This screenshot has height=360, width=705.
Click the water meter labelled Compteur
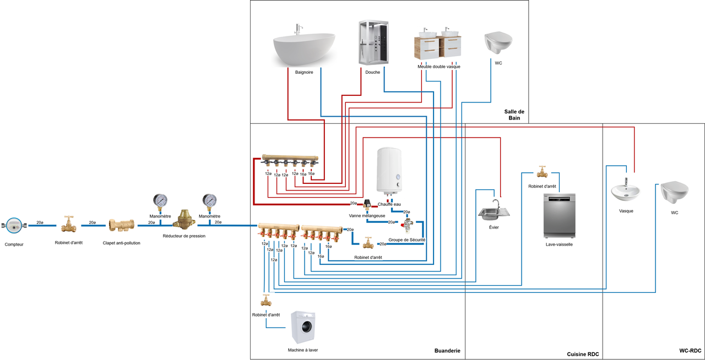click(x=14, y=225)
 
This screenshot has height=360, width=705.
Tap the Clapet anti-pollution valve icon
click(x=122, y=225)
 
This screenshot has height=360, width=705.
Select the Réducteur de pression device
click(x=184, y=220)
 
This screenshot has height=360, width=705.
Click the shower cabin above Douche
click(x=373, y=42)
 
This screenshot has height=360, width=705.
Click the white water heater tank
click(x=389, y=172)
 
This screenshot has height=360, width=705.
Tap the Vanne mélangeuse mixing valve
click(x=367, y=204)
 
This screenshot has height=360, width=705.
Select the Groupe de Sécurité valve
click(x=407, y=225)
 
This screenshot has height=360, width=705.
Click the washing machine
click(x=303, y=328)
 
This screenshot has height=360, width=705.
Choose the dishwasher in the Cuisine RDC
click(x=559, y=216)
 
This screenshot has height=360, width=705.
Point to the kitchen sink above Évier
click(x=494, y=211)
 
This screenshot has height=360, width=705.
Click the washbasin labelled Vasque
click(x=625, y=190)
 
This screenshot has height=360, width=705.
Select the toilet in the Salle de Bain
click(x=498, y=42)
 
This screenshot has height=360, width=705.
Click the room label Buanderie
click(x=447, y=351)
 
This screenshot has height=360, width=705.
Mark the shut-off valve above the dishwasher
click(x=542, y=172)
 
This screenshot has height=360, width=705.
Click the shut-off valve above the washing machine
click(x=266, y=300)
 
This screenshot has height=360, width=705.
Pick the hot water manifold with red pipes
click(x=290, y=160)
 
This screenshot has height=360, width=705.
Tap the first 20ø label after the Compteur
click(x=40, y=222)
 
